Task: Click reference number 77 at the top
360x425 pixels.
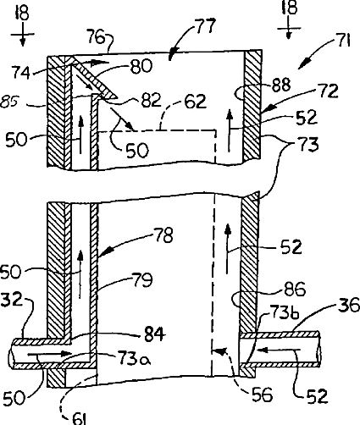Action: tap(205, 27)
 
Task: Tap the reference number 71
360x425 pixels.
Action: tap(343, 41)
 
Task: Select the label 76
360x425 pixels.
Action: tap(97, 36)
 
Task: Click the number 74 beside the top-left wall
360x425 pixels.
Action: tap(20, 72)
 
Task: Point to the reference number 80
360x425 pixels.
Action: tap(141, 67)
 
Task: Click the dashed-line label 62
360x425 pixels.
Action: tap(196, 102)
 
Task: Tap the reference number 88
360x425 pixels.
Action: tap(281, 85)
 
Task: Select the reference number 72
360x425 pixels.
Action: tap(328, 91)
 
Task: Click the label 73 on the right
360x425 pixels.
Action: tap(308, 144)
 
